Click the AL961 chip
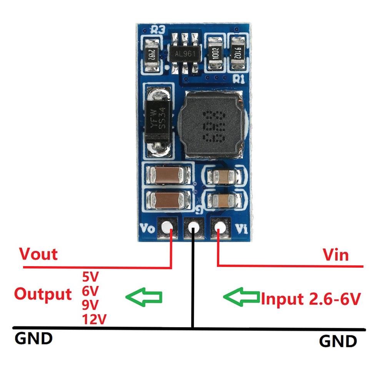pyautogui.click(x=183, y=54)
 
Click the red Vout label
pyautogui.click(x=38, y=254)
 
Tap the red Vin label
pyautogui.click(x=335, y=255)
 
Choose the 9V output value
pyautogui.click(x=90, y=305)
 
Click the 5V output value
pyautogui.click(x=90, y=277)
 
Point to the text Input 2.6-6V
pyautogui.click(x=311, y=298)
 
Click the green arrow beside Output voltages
pyautogui.click(x=144, y=297)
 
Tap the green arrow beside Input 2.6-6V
pyautogui.click(x=242, y=297)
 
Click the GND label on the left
pyautogui.click(x=33, y=339)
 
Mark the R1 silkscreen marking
pyautogui.click(x=239, y=79)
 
